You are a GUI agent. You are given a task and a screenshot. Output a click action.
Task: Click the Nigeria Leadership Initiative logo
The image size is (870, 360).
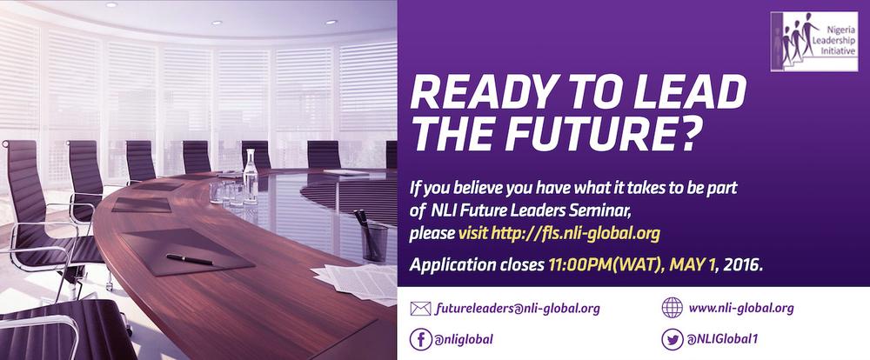[814, 42]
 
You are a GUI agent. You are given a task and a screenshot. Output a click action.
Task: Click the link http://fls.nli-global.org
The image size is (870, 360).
[575, 233]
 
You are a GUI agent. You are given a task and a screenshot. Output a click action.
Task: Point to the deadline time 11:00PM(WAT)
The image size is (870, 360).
[606, 264]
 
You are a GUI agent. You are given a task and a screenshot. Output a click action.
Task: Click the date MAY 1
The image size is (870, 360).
[693, 264]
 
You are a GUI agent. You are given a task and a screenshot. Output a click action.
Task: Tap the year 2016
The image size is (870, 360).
[742, 264]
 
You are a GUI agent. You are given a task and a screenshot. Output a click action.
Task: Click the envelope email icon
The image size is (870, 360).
[420, 309]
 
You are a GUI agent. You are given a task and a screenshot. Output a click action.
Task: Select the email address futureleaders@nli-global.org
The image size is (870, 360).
[518, 309]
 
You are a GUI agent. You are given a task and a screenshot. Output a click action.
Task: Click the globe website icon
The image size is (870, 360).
[672, 307]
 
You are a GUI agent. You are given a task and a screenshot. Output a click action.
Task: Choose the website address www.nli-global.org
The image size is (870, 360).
[741, 308]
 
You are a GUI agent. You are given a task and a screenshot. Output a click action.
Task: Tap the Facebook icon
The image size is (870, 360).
[421, 339]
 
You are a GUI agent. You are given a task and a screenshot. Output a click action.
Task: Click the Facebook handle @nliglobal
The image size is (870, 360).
[465, 339]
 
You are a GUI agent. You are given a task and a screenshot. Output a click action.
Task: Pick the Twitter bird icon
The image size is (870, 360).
[672, 339]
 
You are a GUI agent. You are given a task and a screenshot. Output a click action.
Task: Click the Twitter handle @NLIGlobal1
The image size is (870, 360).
[722, 339]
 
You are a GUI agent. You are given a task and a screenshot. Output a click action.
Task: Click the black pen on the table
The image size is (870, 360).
[190, 259]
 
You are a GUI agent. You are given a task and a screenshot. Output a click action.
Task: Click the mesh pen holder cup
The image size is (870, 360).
[374, 242]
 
